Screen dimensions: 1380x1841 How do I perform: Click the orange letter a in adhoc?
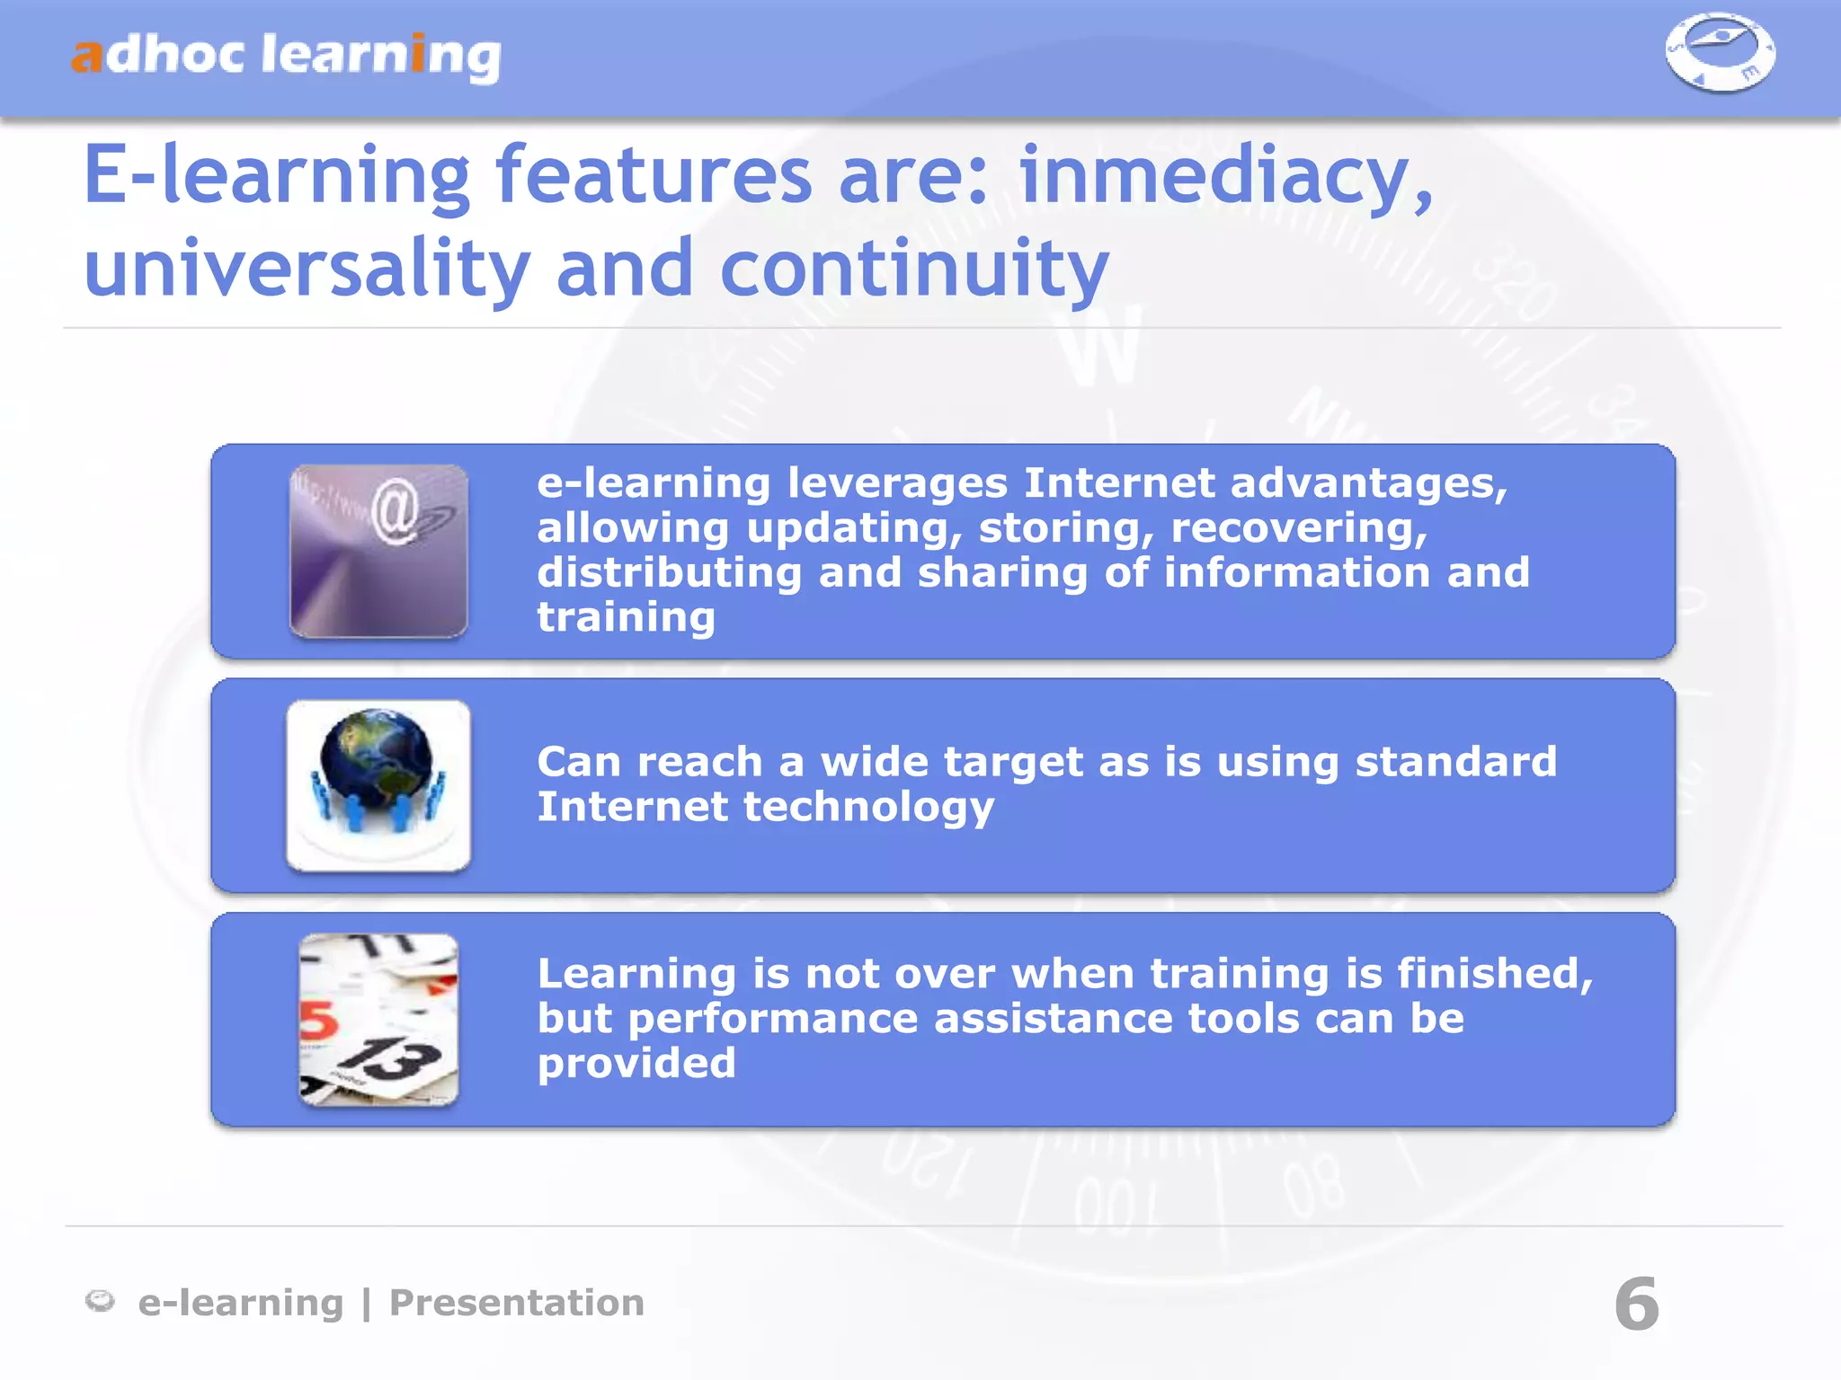click(x=87, y=57)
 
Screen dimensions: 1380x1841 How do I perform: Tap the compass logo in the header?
click(x=1719, y=51)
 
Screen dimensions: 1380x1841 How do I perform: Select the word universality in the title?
click(x=307, y=269)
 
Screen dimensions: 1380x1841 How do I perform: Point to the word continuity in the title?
click(x=914, y=269)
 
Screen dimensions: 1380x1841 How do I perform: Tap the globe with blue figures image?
click(x=378, y=784)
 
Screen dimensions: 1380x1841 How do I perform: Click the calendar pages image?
click(x=378, y=1019)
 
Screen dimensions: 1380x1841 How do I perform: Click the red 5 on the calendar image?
click(x=317, y=1022)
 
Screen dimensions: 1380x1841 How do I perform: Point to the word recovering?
click(x=1298, y=528)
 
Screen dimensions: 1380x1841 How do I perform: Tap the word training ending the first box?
click(x=626, y=618)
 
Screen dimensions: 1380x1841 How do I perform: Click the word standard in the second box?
click(x=1455, y=762)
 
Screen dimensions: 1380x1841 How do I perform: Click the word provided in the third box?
click(x=636, y=1065)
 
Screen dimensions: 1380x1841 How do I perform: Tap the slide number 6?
click(x=1636, y=1304)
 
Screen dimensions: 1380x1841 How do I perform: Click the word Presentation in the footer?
click(x=517, y=1303)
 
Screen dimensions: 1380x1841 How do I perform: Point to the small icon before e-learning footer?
click(x=100, y=1300)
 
